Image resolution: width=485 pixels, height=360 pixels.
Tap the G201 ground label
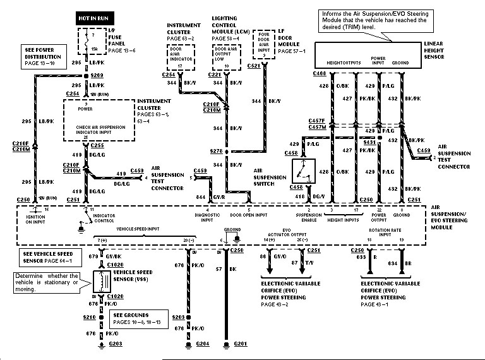coord(241,345)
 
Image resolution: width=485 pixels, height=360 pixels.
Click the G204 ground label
coord(202,345)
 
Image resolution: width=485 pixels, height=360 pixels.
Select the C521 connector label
coord(254,65)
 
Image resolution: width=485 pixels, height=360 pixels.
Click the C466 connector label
coord(320,75)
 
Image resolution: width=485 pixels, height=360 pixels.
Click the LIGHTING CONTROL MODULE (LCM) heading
coord(230,28)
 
